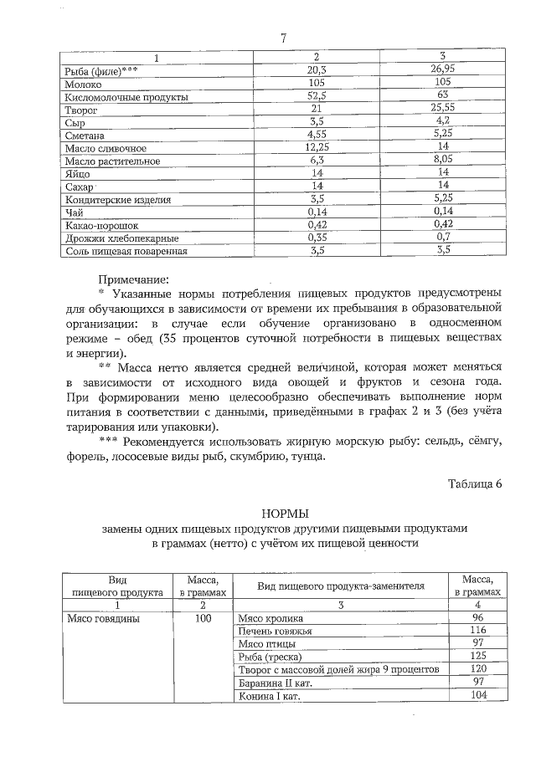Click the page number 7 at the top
tap(284, 38)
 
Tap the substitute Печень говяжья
tap(275, 632)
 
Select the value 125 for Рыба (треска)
tap(478, 657)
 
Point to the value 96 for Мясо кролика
tap(478, 619)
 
